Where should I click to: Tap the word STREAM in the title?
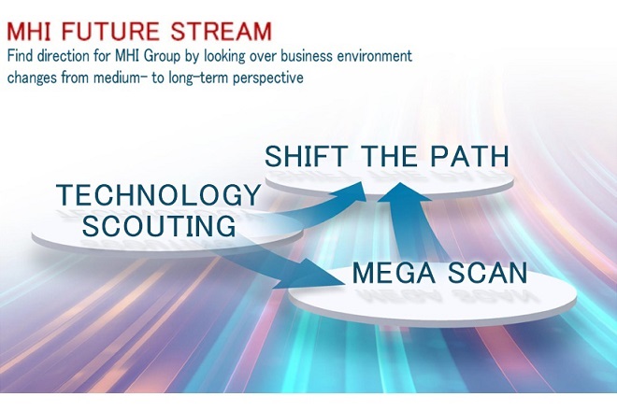pyautogui.click(x=222, y=32)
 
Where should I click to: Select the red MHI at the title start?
pyautogui.click(x=29, y=32)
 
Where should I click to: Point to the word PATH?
pyautogui.click(x=469, y=156)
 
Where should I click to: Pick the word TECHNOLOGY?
pyautogui.click(x=158, y=194)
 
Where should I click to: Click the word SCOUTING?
pyautogui.click(x=159, y=226)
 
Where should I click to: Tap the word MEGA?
pyautogui.click(x=394, y=273)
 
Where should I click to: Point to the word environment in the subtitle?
pyautogui.click(x=374, y=56)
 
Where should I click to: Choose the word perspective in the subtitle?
pyautogui.click(x=268, y=78)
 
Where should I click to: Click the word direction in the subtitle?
pyautogui.click(x=64, y=56)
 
